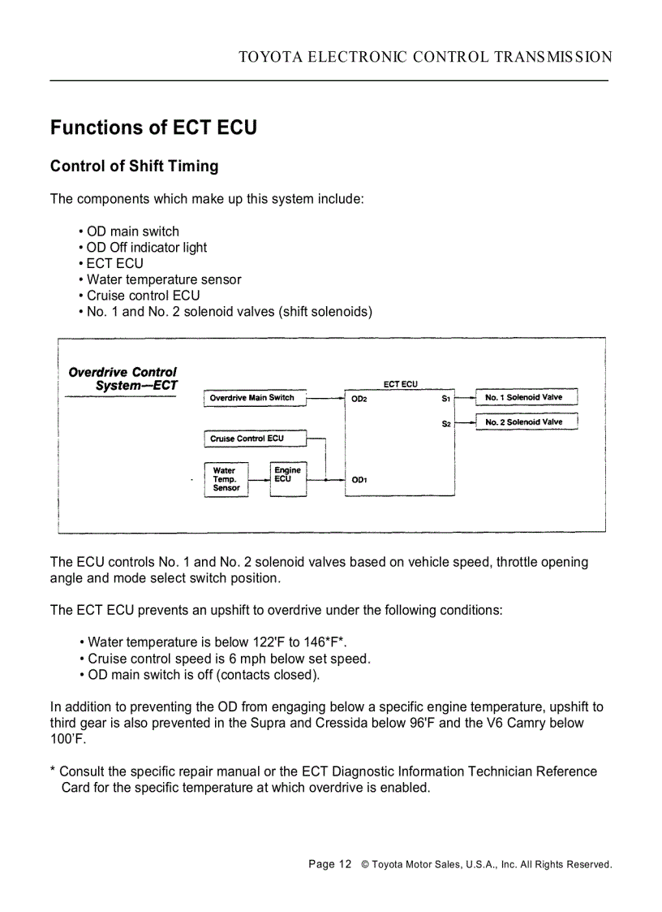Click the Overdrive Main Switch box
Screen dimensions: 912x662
tap(253, 398)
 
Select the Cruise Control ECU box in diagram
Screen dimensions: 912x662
tap(253, 439)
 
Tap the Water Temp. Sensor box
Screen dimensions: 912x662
tap(226, 479)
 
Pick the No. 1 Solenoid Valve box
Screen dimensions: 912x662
tap(525, 398)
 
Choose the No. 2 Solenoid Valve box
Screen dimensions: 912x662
tap(525, 422)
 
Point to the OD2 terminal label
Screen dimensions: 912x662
tap(359, 399)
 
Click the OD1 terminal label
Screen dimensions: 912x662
tap(359, 480)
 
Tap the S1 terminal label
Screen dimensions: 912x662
tap(446, 399)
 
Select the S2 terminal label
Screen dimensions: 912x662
tap(446, 423)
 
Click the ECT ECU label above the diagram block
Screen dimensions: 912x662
tap(400, 383)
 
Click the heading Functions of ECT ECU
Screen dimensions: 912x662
tap(153, 128)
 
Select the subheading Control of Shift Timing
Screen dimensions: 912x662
tap(135, 166)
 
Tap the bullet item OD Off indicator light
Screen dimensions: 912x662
tap(147, 248)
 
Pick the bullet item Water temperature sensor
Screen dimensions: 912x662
tap(164, 279)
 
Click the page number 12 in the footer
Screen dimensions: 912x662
tap(345, 864)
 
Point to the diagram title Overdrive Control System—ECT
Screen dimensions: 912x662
tap(123, 378)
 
